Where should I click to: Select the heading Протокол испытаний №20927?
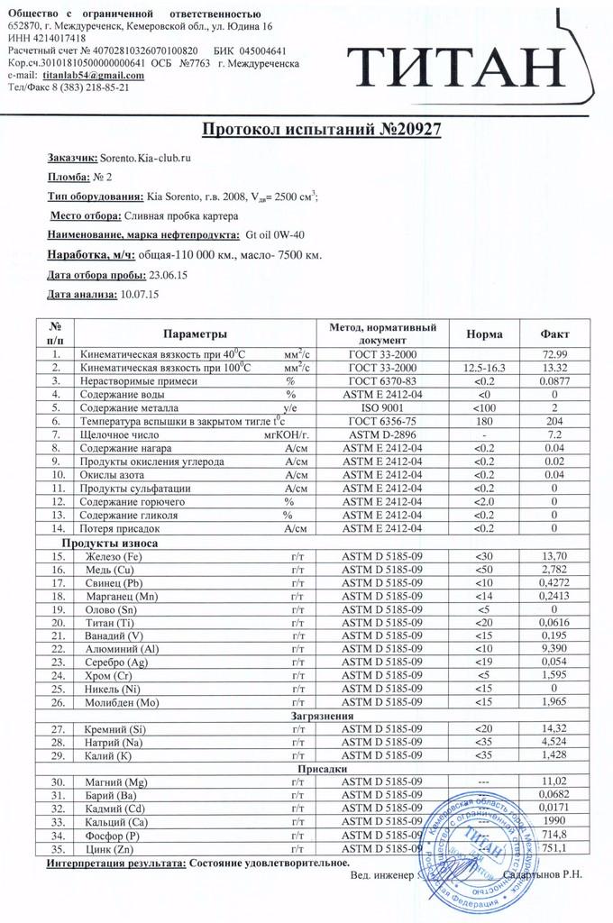(321, 130)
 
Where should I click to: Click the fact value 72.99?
(554, 355)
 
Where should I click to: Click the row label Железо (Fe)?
(114, 557)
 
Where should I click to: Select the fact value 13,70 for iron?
(554, 557)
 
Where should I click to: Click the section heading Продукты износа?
(109, 544)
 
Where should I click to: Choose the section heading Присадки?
(321, 768)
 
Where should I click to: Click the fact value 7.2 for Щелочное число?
(554, 434)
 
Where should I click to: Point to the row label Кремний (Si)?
(117, 728)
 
